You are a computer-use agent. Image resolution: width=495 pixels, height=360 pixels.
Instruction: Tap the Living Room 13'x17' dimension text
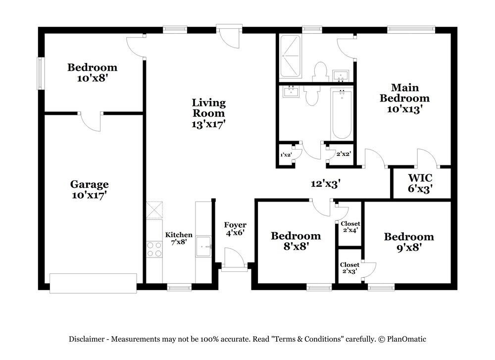(208, 124)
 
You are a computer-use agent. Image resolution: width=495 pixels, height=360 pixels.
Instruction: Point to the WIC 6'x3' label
(420, 183)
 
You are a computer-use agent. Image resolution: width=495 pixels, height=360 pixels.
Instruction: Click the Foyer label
(235, 225)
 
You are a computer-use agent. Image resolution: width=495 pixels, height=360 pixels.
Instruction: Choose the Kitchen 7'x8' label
(179, 238)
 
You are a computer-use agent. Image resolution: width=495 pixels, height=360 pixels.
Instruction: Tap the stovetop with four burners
(154, 249)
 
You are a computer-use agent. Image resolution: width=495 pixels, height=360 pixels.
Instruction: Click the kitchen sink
(203, 247)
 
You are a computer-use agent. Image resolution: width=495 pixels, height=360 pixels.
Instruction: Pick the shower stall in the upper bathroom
(291, 56)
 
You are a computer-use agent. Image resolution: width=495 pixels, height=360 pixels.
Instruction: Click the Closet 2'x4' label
(350, 227)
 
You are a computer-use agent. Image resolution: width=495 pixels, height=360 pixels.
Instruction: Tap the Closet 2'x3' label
(349, 268)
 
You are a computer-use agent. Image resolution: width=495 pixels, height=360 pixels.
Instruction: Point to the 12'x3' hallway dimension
(326, 184)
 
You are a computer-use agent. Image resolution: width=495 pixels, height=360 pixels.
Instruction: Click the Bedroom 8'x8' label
(296, 241)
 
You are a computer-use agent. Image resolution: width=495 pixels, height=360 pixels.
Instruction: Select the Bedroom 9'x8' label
(409, 242)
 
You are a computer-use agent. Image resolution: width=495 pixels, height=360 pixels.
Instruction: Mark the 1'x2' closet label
(286, 154)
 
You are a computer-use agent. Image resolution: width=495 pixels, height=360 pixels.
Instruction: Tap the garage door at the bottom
(93, 283)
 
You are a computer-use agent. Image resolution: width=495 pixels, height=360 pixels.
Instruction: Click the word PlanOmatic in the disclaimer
(406, 339)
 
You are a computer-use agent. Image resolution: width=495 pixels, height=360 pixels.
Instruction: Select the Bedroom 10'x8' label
(92, 72)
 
